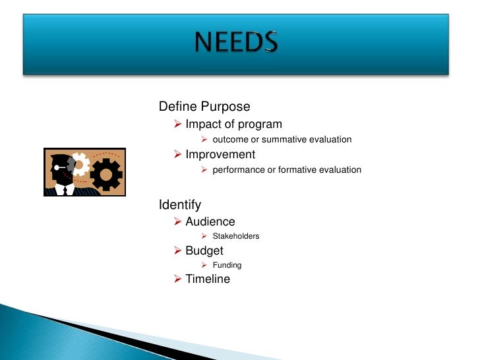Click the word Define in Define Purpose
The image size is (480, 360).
175,107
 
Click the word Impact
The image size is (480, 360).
202,124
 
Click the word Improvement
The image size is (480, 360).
220,154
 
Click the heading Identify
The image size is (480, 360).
180,205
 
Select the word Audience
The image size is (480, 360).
210,222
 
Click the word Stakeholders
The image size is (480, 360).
235,236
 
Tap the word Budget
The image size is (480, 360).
204,251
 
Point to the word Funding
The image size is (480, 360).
227,265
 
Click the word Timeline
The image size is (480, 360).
208,279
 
